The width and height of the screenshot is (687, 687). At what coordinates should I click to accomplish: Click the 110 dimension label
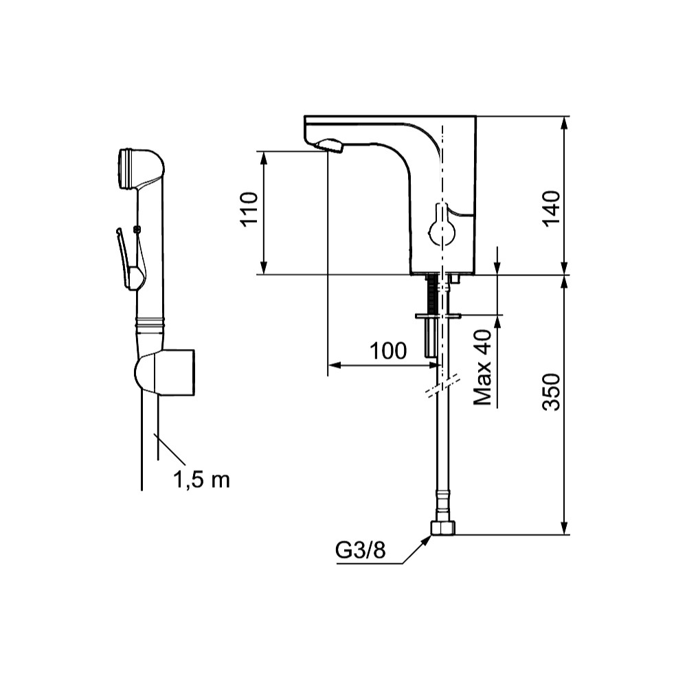pos(249,209)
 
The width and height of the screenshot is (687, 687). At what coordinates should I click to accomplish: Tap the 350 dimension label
pos(552,392)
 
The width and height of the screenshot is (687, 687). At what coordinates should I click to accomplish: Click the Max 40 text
pos(482,366)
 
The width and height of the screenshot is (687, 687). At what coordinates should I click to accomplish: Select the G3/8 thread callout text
pos(361,550)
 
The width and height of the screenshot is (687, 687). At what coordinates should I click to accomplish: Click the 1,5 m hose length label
pos(201,480)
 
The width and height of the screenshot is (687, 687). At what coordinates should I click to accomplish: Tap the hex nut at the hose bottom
pos(443,528)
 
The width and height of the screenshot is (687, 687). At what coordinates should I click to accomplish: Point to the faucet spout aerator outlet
pos(330,146)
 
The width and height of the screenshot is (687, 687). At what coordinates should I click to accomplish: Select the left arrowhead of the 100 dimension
pos(335,365)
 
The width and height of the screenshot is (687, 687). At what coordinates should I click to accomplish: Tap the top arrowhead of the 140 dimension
pos(565,123)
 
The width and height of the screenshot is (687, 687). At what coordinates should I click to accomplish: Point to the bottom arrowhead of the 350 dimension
pos(565,528)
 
